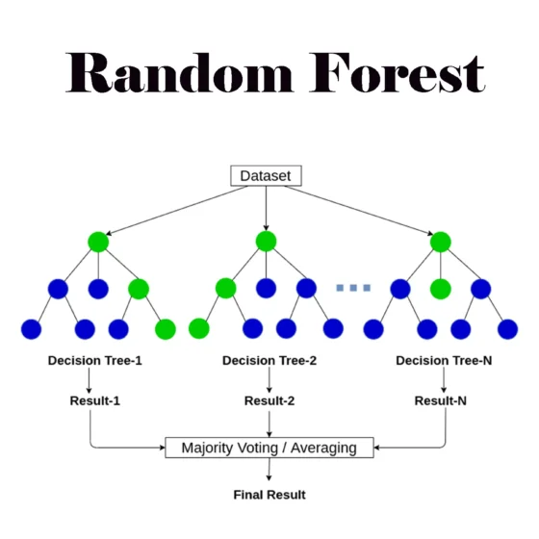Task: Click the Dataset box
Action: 266,175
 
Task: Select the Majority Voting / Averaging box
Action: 269,448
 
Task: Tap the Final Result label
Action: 269,495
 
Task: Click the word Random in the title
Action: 179,72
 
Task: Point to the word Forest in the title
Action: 398,72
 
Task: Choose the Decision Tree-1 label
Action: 95,360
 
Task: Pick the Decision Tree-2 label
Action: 269,360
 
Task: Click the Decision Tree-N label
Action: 444,360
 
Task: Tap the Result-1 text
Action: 95,400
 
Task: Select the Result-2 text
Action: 269,400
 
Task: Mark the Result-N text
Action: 441,400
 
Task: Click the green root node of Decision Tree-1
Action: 98,242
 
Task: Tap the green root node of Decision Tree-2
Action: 266,241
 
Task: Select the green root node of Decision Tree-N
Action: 441,242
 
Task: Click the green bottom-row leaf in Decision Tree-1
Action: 166,329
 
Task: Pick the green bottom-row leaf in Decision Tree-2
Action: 199,328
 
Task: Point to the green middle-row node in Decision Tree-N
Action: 441,289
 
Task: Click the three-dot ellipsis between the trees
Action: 353,288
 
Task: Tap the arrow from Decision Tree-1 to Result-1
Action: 89,380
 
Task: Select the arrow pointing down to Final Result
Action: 269,470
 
